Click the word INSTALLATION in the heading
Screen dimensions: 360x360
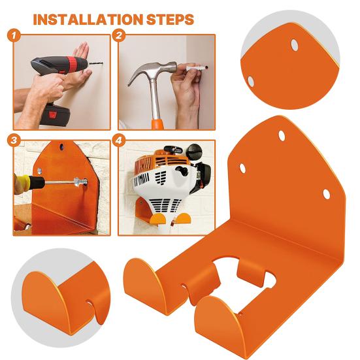(88, 20)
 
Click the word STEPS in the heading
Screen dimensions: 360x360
(170, 20)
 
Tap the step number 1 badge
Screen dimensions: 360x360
(14, 35)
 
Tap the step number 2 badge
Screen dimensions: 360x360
(119, 35)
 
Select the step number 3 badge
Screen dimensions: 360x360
(14, 140)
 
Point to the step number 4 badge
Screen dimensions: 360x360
(119, 140)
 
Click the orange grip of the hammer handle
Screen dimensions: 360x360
(157, 125)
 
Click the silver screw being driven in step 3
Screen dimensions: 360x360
(81, 182)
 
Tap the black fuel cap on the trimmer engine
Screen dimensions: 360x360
(195, 152)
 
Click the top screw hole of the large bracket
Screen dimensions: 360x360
(282, 136)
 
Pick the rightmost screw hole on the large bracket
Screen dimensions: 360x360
(326, 194)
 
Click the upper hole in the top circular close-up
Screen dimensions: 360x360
(295, 45)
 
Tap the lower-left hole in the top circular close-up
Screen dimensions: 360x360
(250, 82)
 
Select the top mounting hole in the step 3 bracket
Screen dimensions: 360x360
(61, 147)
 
